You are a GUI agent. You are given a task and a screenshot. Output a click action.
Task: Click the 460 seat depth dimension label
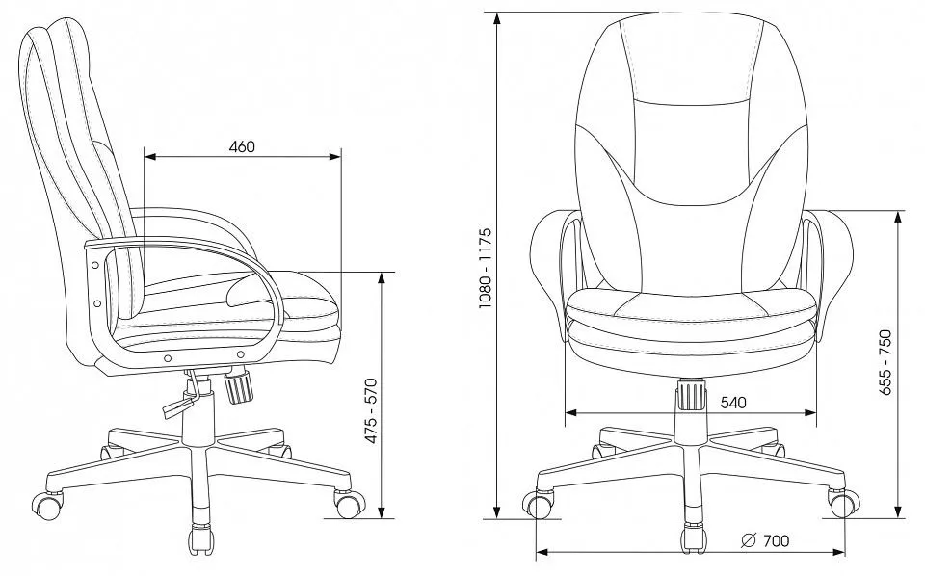tap(242, 146)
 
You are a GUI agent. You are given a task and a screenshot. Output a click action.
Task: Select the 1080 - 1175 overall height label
tap(485, 268)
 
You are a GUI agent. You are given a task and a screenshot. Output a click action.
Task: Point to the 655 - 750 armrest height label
tap(885, 362)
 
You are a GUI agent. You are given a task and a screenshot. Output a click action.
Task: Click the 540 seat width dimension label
tap(733, 403)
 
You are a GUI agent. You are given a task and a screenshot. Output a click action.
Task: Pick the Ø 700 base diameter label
tap(765, 540)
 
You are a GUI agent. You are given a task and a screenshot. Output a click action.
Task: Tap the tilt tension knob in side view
tap(238, 384)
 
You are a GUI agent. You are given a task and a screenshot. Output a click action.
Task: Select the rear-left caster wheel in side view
tap(47, 506)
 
